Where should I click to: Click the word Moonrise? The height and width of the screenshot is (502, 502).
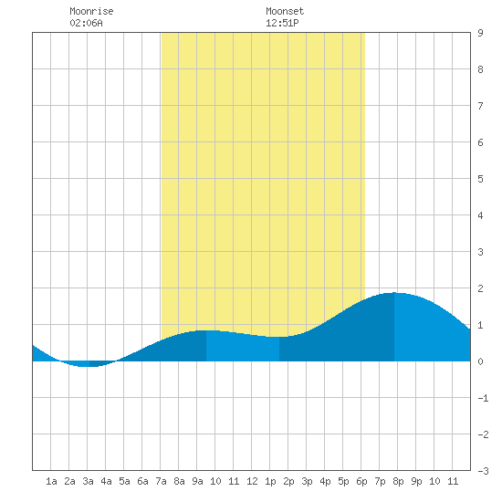[x=91, y=11]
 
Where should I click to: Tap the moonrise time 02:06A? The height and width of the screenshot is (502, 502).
[x=86, y=23]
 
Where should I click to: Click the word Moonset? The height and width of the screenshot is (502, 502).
[x=285, y=11]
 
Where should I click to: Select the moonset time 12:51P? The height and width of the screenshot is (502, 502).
[x=282, y=23]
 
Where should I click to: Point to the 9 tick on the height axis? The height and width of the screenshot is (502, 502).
[x=480, y=33]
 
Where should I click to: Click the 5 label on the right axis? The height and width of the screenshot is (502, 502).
[x=480, y=179]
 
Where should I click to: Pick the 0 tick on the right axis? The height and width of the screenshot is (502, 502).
[x=480, y=361]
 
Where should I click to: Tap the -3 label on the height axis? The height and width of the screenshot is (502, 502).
[x=483, y=471]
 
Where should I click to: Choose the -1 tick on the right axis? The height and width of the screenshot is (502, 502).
[x=483, y=398]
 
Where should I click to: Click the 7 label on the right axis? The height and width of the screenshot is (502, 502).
[x=480, y=106]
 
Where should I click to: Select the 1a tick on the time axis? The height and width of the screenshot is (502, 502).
[x=51, y=481]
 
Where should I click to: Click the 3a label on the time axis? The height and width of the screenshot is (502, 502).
[x=88, y=481]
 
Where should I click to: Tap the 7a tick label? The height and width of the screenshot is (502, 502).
[x=161, y=481]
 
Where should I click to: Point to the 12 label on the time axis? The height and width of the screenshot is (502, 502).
[x=252, y=481]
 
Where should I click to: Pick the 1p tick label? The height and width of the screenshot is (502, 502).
[x=270, y=481]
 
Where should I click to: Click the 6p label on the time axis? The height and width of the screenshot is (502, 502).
[x=361, y=481]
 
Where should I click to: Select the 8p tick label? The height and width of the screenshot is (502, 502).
[x=398, y=481]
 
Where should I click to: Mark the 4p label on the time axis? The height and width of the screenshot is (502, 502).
[x=325, y=481]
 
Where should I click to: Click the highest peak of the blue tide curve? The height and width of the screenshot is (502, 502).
[x=394, y=293]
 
